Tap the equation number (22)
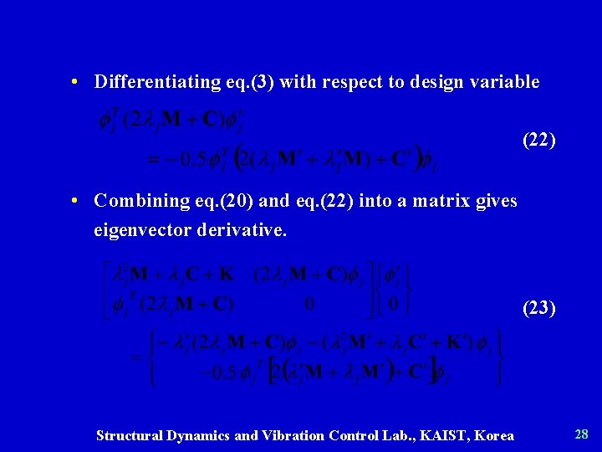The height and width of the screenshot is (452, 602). pos(538,140)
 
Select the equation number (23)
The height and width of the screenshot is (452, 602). pos(538,308)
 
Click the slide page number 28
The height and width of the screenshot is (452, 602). pos(582,434)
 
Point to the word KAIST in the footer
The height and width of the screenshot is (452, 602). pos(436,435)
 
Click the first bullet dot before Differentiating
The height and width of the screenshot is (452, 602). pos(75,82)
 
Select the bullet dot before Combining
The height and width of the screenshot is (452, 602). pos(75,201)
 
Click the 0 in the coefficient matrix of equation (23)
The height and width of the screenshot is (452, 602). pos(309,303)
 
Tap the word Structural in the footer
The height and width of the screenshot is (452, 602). pos(131,435)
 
